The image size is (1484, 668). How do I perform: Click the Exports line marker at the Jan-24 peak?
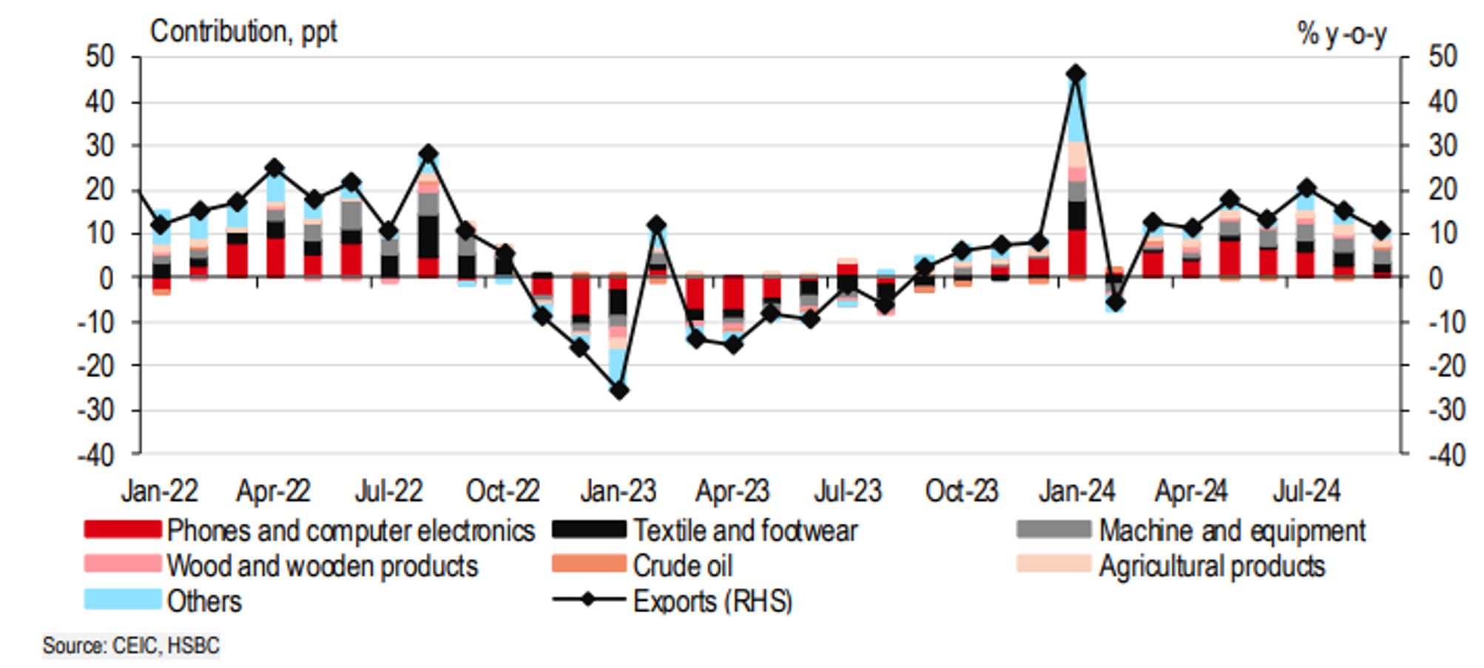click(1076, 74)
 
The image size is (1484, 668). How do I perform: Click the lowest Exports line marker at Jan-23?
click(619, 390)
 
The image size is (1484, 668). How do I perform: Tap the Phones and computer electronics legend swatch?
click(122, 530)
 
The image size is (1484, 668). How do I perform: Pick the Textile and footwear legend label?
click(745, 530)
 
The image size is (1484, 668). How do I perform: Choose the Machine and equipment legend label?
click(1232, 530)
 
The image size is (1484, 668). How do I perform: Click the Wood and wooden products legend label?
click(323, 566)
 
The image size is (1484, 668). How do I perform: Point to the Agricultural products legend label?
click(1212, 566)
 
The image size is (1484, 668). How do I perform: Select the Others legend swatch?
click(122, 600)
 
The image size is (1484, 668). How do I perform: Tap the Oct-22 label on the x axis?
click(502, 491)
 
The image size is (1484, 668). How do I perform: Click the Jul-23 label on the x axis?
click(848, 491)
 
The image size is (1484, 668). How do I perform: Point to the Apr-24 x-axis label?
click(1191, 491)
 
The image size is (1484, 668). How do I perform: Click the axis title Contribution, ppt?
click(243, 32)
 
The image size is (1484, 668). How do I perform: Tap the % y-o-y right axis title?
click(1342, 34)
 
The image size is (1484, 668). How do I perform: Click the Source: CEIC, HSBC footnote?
click(131, 646)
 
